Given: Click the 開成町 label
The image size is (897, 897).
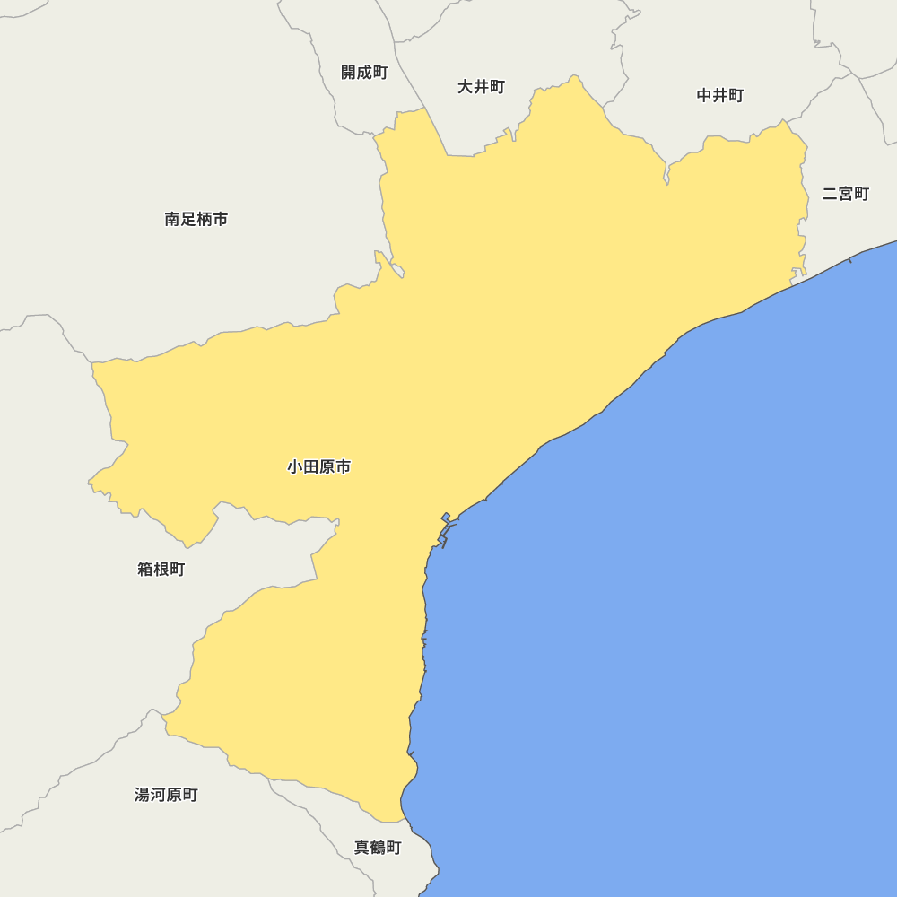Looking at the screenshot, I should coord(364,73).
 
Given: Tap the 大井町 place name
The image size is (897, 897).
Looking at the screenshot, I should coord(481,87).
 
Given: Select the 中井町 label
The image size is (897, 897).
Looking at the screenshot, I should coord(720,96).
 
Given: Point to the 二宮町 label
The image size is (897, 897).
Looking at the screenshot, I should coord(845,194).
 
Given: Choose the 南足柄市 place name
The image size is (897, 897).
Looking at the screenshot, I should coord(196,219).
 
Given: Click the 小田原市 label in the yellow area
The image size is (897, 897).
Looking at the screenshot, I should coord(318,466).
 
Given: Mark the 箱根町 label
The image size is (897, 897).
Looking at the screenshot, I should coord(161,569).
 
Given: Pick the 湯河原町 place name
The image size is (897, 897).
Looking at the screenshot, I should coord(166,795).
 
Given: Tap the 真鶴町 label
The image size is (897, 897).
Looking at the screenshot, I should coord(378,848).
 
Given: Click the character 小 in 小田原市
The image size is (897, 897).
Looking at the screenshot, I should coord(295,466).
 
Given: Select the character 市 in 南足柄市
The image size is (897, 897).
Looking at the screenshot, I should coord(220,219).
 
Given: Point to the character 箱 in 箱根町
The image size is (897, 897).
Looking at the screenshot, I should coord(145,569).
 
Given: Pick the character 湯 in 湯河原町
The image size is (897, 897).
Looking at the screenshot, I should coord(142,795).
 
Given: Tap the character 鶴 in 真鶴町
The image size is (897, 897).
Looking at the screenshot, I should coord(378,848).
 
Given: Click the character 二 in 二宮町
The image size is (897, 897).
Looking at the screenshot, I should coord(830,194).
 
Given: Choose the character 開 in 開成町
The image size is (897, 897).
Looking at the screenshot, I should coord(349,73).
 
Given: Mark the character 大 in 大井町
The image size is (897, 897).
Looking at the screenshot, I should coord(466,87).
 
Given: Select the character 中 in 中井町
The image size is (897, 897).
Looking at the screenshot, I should coord(705,96).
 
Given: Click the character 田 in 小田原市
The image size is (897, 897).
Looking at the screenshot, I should coord(311,466).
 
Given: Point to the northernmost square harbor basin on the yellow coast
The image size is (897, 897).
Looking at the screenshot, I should coord(446,517).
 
